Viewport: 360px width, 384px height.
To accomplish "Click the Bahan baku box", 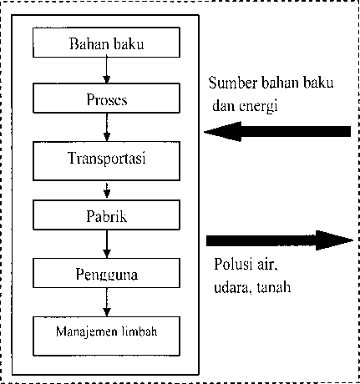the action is (106, 43).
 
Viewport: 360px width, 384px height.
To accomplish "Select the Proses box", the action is (106, 98).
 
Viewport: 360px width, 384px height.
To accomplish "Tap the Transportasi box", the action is (106, 161).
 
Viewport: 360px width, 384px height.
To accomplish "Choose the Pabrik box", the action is (106, 215).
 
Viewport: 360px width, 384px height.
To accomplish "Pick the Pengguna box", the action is (106, 273).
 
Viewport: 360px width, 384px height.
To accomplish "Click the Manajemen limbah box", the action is (106, 336).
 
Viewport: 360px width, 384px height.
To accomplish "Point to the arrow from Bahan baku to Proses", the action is (106, 70).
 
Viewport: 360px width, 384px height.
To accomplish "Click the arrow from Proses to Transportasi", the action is (107, 127).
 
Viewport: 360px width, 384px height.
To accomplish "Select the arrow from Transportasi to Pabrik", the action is (107, 190).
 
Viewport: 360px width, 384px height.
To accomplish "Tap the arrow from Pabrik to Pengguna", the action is (107, 244).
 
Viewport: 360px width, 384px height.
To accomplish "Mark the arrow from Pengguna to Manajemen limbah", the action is (107, 302).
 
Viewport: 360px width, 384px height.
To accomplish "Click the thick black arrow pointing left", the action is (277, 131).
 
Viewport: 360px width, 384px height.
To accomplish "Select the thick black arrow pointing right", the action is (280, 240).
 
